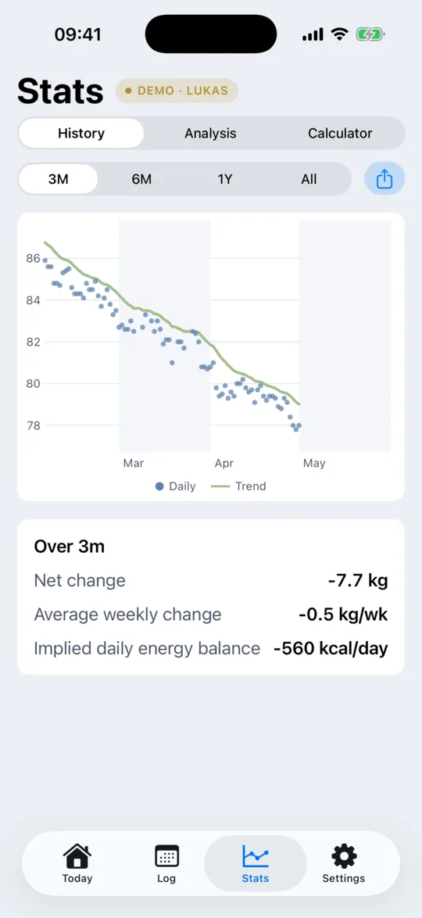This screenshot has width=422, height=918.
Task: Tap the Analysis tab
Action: [x=210, y=134]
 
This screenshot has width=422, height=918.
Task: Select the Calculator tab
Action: [x=340, y=134]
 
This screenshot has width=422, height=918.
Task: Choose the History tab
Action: [x=81, y=134]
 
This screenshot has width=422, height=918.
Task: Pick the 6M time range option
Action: [x=141, y=179]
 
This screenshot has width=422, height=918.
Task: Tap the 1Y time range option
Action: [x=225, y=179]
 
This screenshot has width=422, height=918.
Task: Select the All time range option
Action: [x=309, y=179]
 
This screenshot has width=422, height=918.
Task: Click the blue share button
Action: [x=384, y=178]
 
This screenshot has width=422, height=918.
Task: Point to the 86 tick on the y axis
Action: [x=33, y=258]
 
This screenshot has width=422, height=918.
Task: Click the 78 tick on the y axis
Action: [x=33, y=425]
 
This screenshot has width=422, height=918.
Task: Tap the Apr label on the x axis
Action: [x=224, y=464]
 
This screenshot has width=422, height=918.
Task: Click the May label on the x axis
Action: [x=314, y=464]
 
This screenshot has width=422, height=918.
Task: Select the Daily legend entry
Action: [x=176, y=486]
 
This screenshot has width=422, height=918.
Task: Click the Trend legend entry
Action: [x=238, y=486]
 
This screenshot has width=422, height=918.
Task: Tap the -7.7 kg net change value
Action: [x=358, y=581]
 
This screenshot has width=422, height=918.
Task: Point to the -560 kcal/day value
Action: [x=331, y=649]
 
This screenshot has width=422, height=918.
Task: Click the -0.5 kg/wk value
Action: [x=343, y=615]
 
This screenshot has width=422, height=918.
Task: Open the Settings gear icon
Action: [x=344, y=856]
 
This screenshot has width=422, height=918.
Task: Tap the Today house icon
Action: [x=77, y=856]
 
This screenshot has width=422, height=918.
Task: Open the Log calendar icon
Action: [x=166, y=856]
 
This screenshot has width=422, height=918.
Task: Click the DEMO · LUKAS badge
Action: [x=177, y=91]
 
